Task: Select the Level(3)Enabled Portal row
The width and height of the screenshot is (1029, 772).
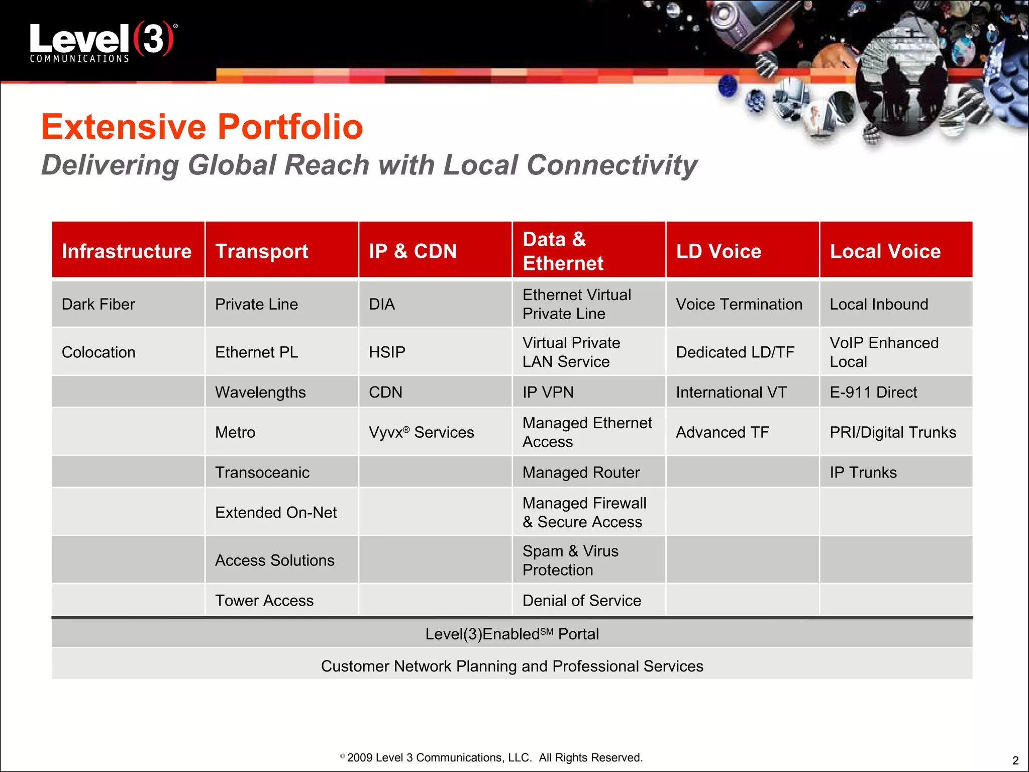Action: [x=511, y=634]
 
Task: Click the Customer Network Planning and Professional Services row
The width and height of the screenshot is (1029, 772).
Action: [x=511, y=666]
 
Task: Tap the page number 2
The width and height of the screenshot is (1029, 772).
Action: [x=1015, y=760]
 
